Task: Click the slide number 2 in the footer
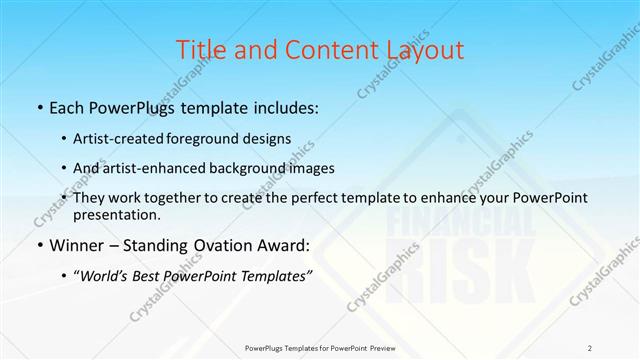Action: [x=591, y=348]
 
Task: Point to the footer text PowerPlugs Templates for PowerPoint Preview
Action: [x=320, y=348]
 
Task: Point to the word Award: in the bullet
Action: [x=286, y=244]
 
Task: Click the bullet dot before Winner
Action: [x=39, y=245]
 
